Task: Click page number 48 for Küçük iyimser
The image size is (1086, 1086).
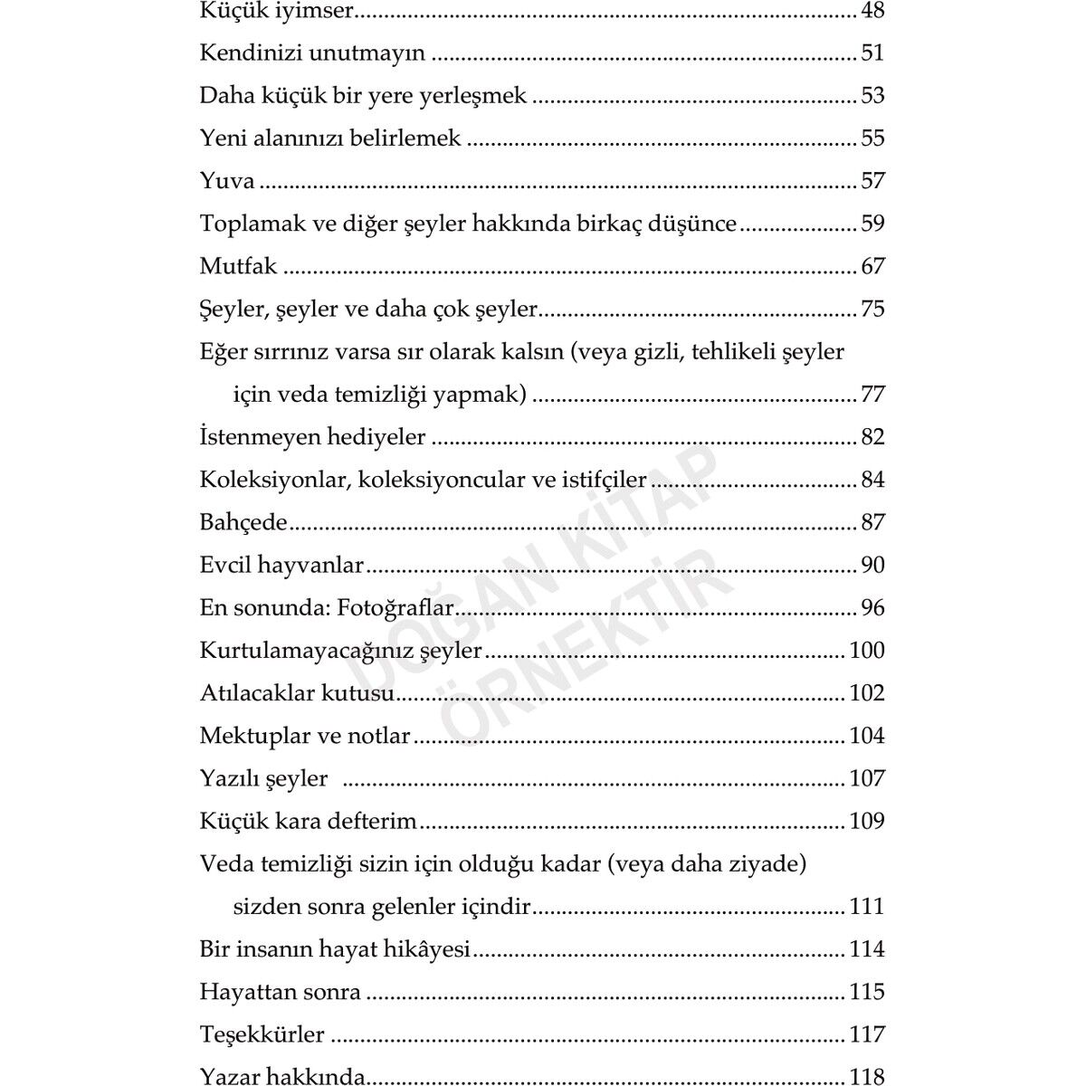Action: pyautogui.click(x=872, y=11)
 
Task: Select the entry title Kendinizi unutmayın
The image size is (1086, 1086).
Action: pyautogui.click(x=312, y=53)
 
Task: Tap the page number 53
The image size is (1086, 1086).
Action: pyautogui.click(x=872, y=96)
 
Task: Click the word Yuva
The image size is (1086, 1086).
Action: pyautogui.click(x=227, y=181)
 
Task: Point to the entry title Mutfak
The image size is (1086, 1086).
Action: pyautogui.click(x=238, y=266)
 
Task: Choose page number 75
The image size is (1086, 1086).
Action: pyautogui.click(x=872, y=310)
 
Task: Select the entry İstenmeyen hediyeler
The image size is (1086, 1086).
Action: pyautogui.click(x=312, y=437)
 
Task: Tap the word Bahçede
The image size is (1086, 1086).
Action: pyautogui.click(x=243, y=523)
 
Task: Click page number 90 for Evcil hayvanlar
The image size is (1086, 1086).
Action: pyautogui.click(x=872, y=566)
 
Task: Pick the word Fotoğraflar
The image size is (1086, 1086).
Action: pyautogui.click(x=395, y=608)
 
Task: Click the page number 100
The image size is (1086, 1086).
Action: pyautogui.click(x=866, y=651)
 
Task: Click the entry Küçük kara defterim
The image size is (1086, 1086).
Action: pyautogui.click(x=308, y=822)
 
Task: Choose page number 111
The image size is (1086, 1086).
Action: pyautogui.click(x=866, y=907)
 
